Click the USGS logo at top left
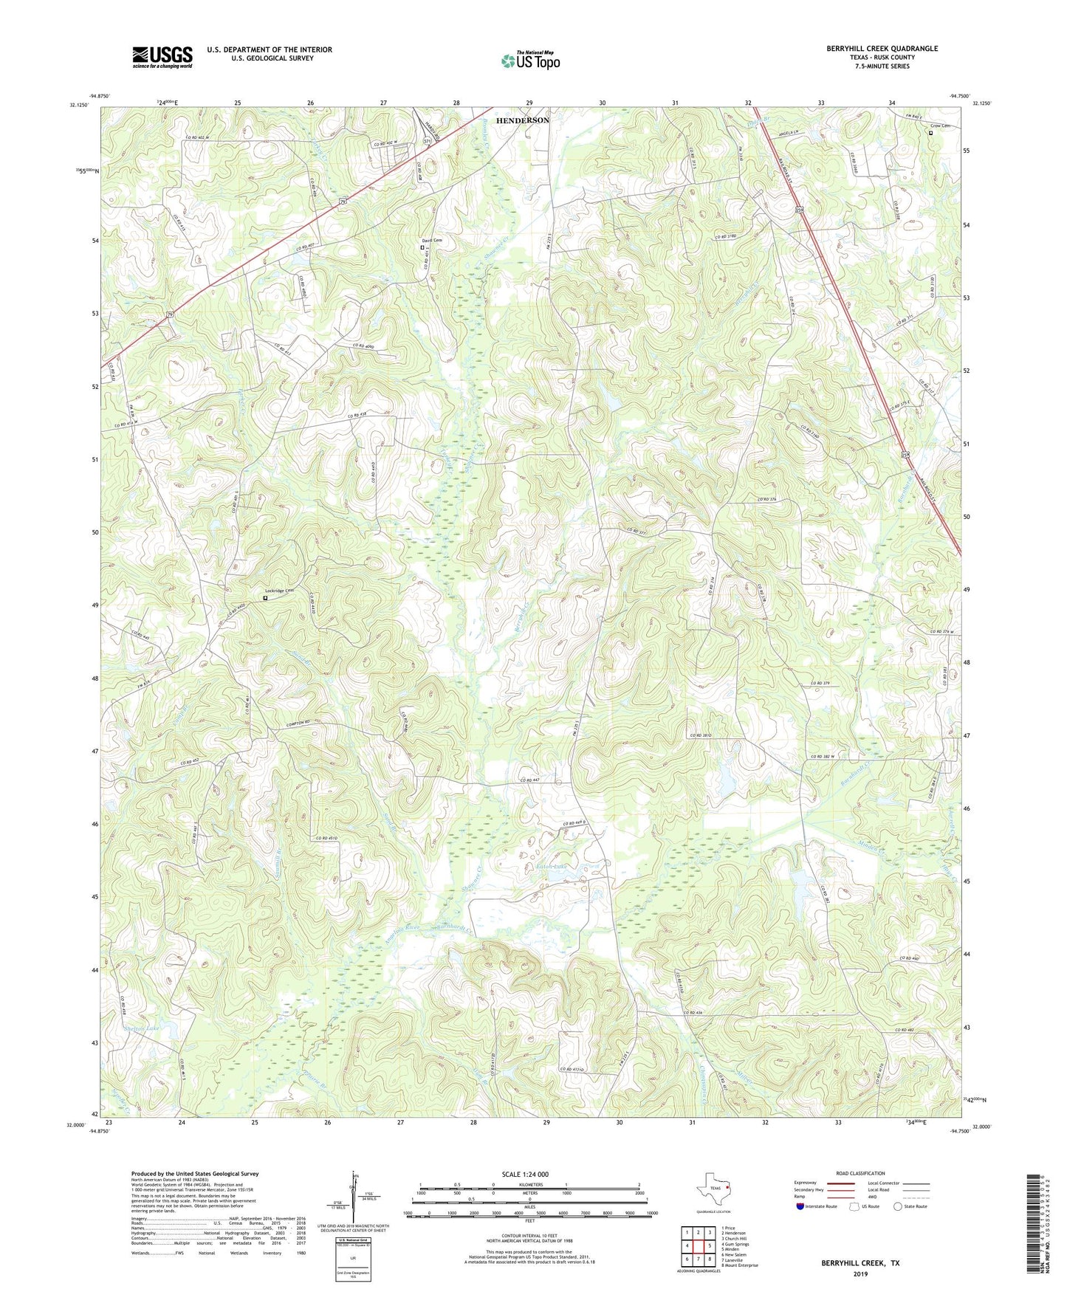(162, 57)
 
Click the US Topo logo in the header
(530, 61)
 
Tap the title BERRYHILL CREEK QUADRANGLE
(882, 49)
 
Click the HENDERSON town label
(522, 120)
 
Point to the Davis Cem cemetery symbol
(422, 248)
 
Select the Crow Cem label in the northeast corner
(940, 126)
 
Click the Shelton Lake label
(142, 1028)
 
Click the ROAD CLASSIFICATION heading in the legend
(860, 1173)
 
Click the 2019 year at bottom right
(860, 1273)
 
